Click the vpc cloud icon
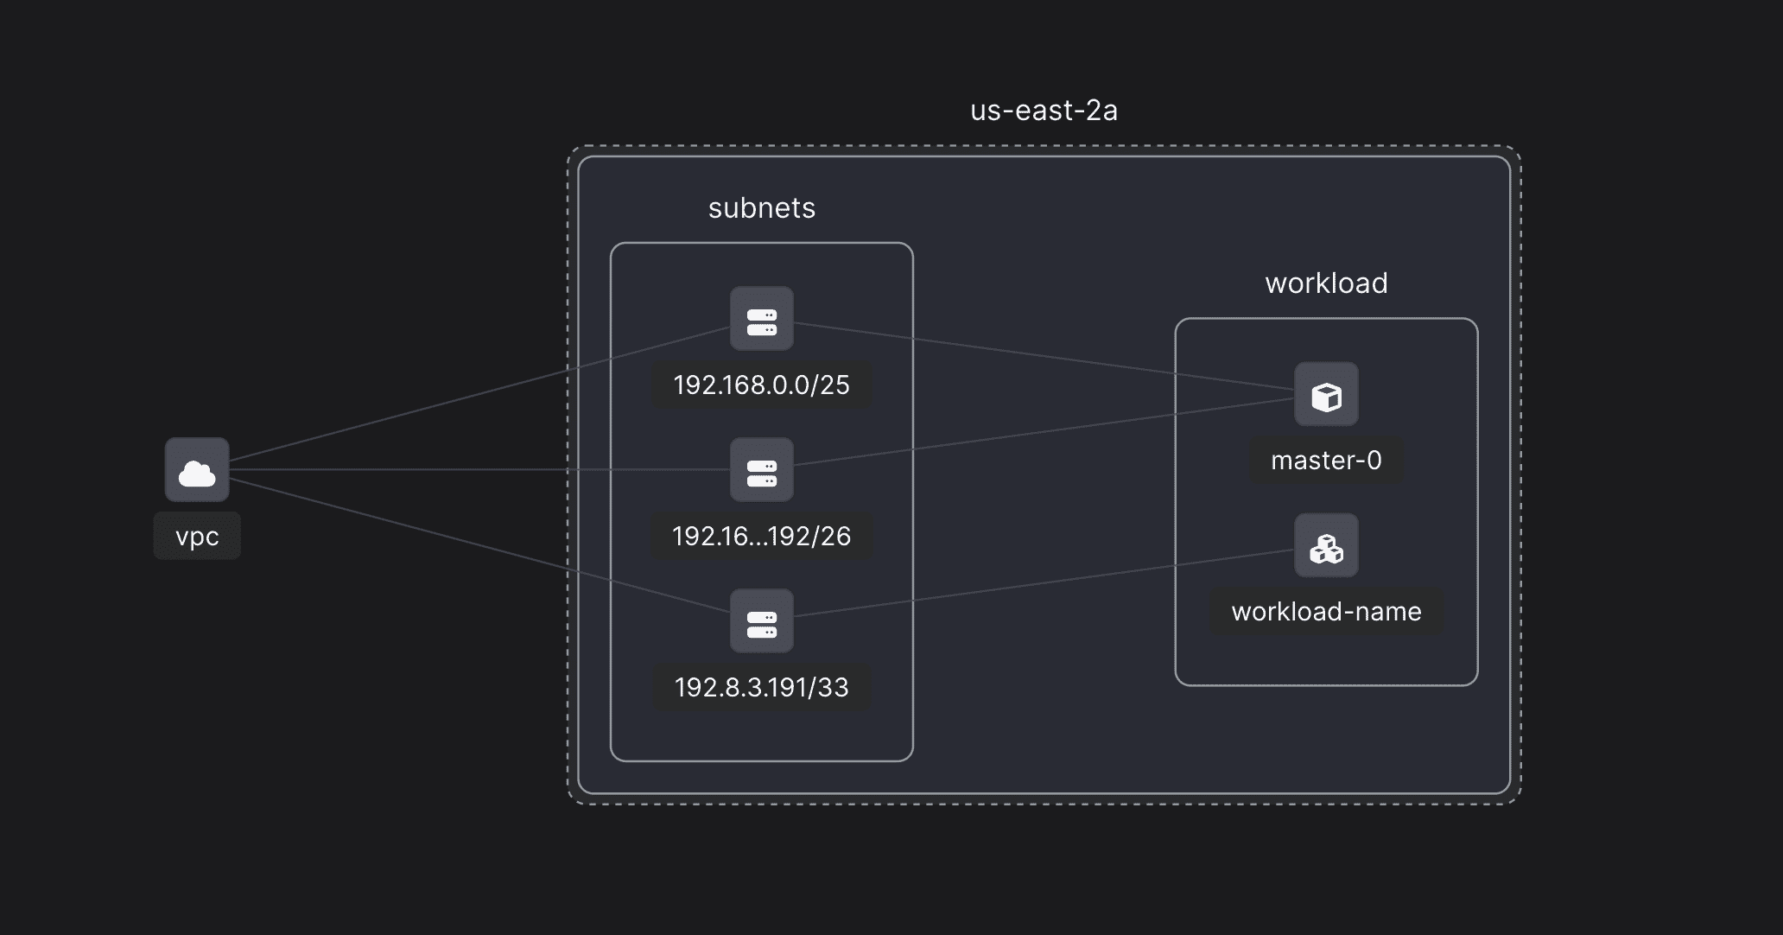(197, 469)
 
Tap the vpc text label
(197, 537)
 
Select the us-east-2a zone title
(1044, 111)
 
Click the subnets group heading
(761, 208)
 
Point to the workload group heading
(1326, 283)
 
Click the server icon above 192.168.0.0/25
(761, 318)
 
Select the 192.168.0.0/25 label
(761, 385)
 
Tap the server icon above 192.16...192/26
(761, 469)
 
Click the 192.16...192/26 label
(761, 537)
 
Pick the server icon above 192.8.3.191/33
(761, 620)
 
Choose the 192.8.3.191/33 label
(761, 688)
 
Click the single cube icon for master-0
(1326, 394)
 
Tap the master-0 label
(1326, 461)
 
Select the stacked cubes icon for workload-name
(1326, 545)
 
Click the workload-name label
(1326, 612)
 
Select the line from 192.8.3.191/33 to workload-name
(1044, 583)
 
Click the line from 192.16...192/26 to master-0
(1044, 432)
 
